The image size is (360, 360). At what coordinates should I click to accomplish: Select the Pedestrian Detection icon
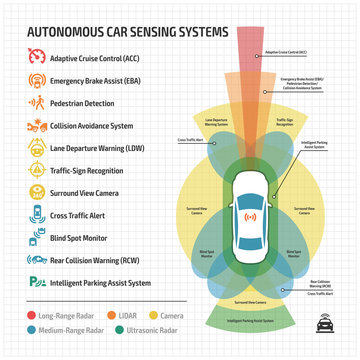click(36, 102)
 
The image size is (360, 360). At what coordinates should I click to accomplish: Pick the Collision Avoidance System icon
click(36, 125)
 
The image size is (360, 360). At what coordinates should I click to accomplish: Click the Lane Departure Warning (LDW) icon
click(36, 147)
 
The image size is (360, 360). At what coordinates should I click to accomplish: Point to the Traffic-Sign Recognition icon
click(36, 170)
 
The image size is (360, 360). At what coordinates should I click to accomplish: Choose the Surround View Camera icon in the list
click(36, 193)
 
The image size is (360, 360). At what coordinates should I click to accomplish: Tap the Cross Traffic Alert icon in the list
click(36, 215)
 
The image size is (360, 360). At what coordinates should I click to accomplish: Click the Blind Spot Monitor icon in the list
click(36, 238)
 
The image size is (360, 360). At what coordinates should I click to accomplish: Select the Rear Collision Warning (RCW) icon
click(36, 261)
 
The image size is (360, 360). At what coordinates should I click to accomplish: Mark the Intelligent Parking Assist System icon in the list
click(36, 283)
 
